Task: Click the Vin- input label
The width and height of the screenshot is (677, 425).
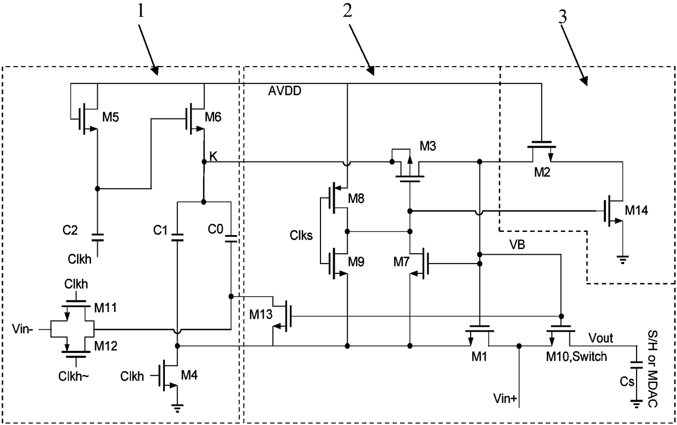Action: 23,329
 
